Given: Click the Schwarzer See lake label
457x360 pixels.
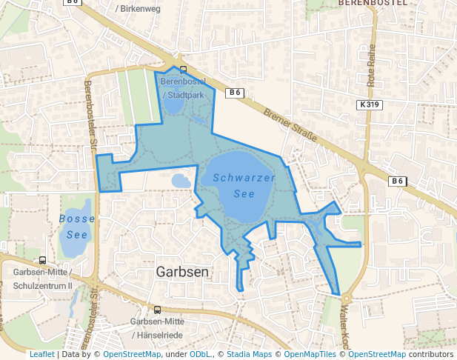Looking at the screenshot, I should pos(244,186).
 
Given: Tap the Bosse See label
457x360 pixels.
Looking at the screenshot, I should pos(77,226).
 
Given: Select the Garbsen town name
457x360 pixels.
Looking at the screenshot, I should pos(182,272).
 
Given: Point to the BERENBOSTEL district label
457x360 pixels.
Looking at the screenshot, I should pos(373,3).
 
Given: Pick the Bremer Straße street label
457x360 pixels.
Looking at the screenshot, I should pos(290,125).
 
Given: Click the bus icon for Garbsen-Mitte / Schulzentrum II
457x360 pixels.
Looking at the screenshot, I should pos(43,261).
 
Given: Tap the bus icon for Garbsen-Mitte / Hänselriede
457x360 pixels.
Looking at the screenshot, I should pos(157,310).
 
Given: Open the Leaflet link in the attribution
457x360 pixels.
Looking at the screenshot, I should pos(41,355).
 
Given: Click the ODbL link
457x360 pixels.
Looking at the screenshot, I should pos(200,355).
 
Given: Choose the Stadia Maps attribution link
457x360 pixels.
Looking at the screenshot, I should pos(249,355).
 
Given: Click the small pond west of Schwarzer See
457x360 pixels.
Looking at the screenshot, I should pos(181,180).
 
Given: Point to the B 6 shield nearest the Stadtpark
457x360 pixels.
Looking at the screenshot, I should pos(234,93).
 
